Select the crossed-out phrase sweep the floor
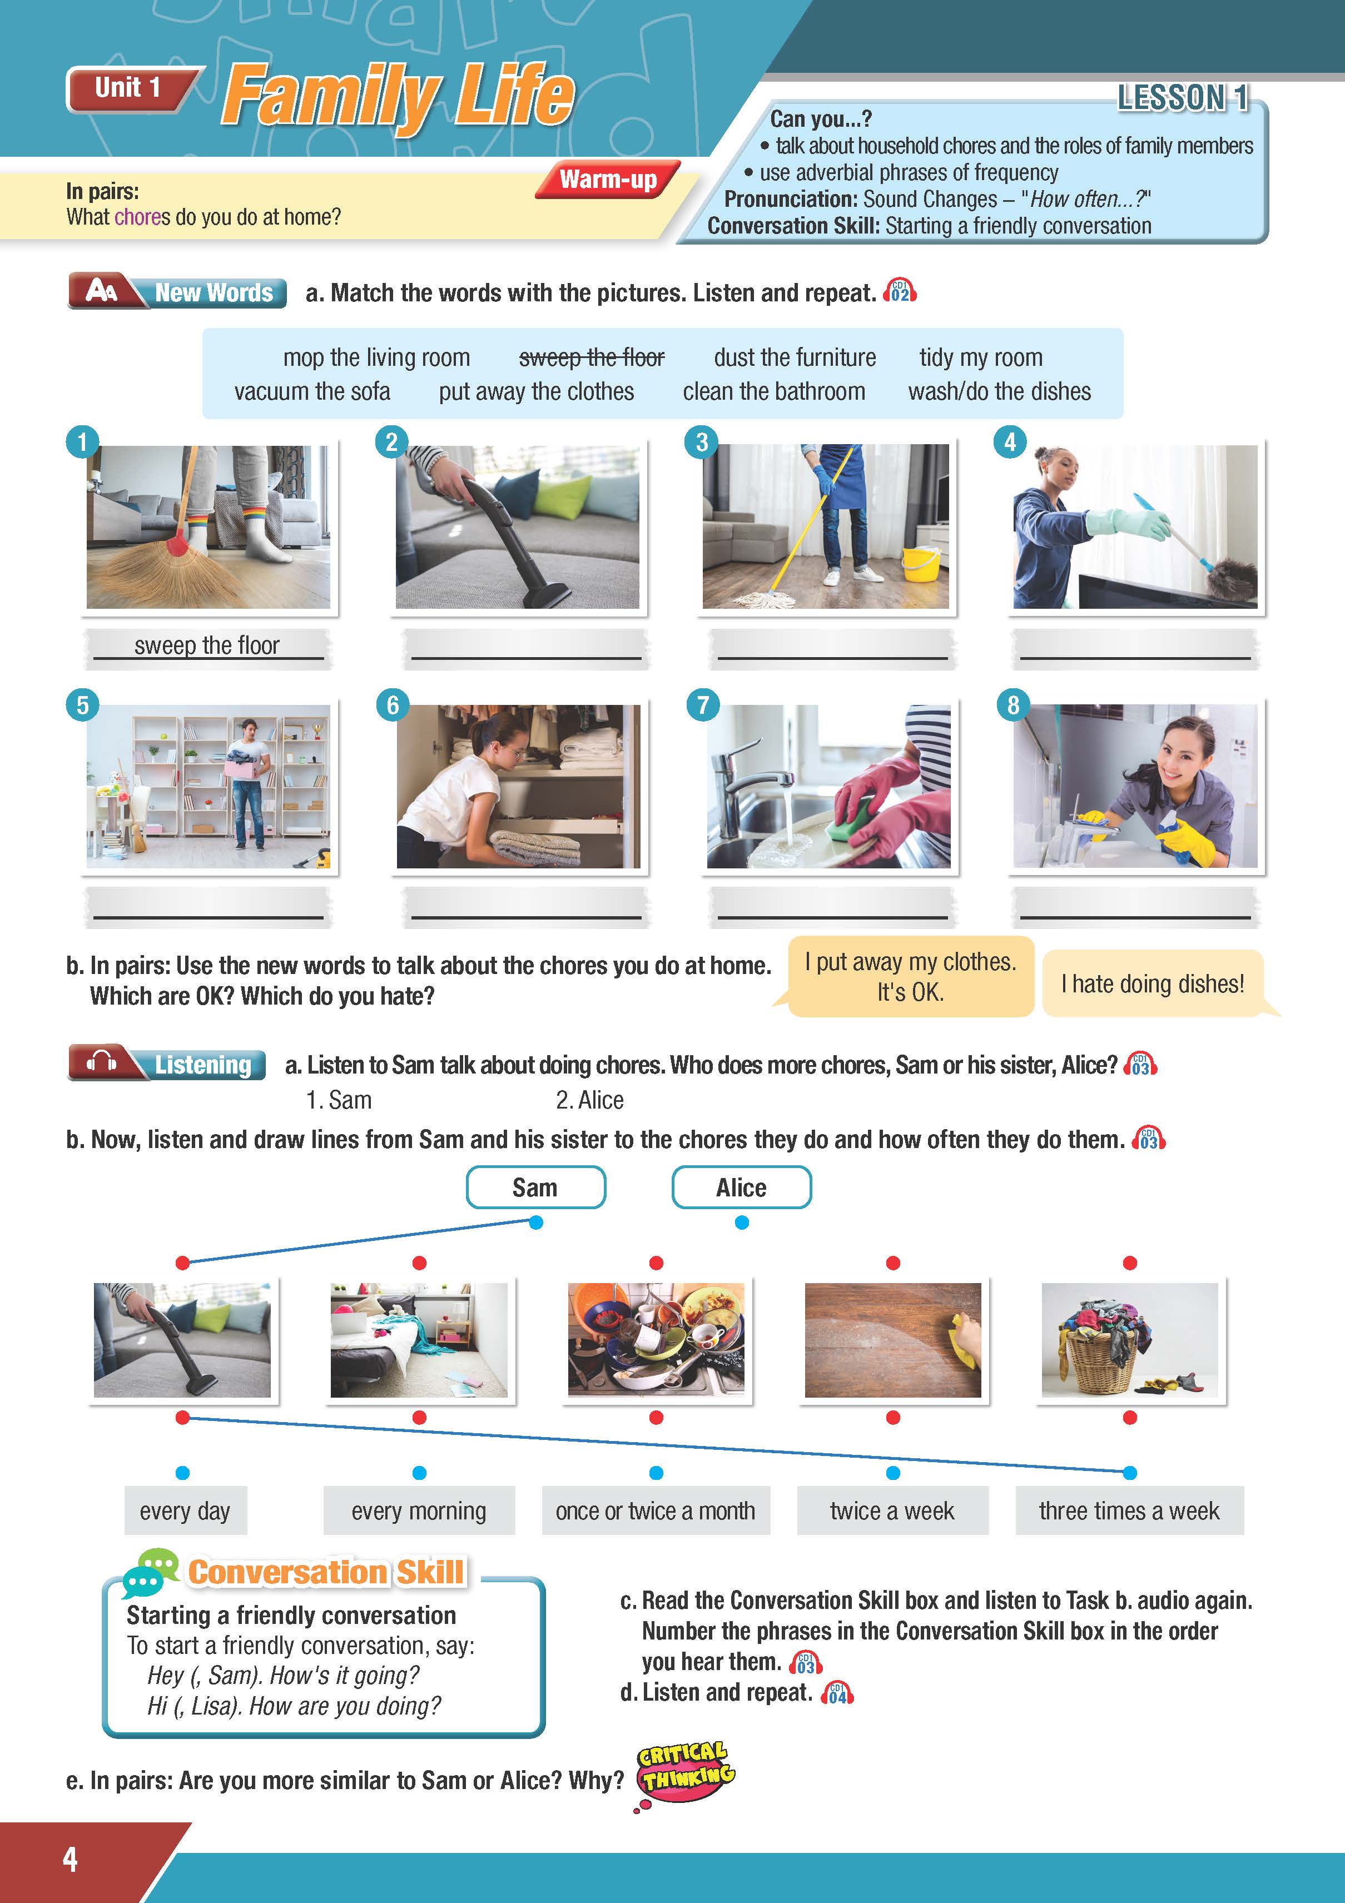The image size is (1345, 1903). tap(592, 357)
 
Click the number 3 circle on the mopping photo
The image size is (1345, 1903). tap(701, 442)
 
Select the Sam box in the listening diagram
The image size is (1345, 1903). tap(535, 1187)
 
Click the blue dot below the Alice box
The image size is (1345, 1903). tap(742, 1223)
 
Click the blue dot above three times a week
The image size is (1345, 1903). tap(1129, 1473)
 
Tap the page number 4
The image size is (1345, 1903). tap(71, 1859)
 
